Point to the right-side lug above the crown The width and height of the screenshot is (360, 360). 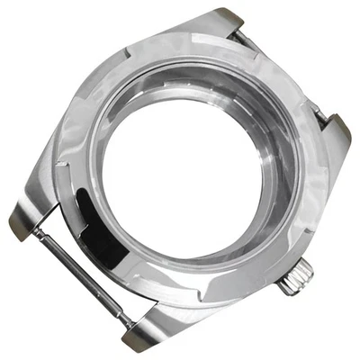coord(335,133)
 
